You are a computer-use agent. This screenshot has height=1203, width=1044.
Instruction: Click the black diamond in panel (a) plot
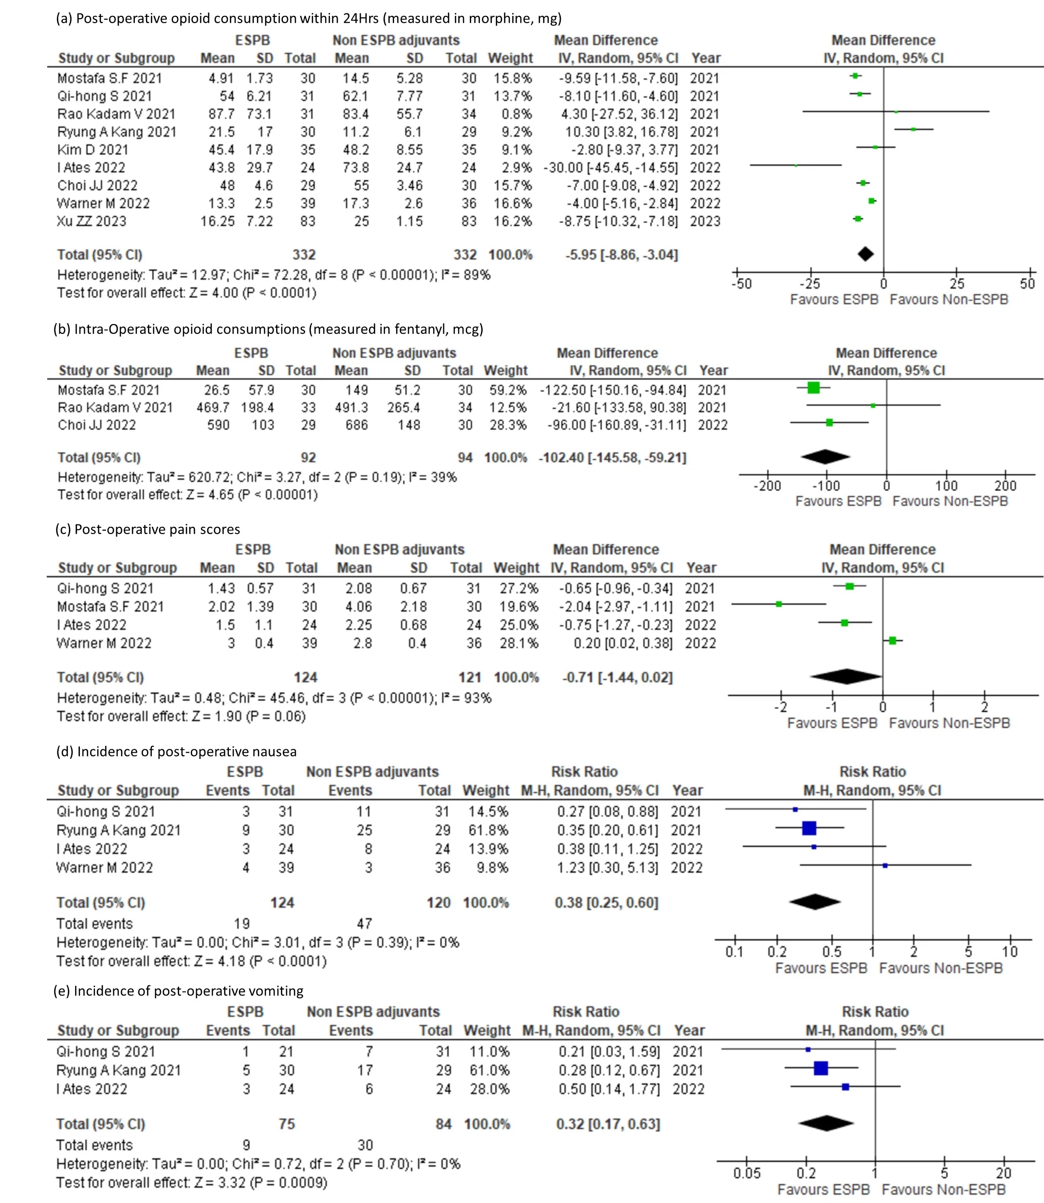click(x=866, y=254)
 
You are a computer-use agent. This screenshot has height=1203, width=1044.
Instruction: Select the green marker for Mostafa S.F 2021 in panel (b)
click(x=814, y=388)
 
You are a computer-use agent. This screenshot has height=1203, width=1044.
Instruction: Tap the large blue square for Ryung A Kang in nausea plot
click(x=809, y=828)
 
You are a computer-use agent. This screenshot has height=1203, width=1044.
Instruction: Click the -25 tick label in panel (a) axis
click(x=810, y=284)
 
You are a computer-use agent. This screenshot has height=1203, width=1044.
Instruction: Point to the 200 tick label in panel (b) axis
click(x=1005, y=485)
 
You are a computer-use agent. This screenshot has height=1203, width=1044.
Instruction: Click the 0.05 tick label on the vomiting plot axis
click(x=747, y=1173)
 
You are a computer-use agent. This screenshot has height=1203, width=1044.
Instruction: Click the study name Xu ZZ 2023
click(x=92, y=221)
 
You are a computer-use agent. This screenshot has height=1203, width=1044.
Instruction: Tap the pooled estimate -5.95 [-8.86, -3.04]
click(x=621, y=254)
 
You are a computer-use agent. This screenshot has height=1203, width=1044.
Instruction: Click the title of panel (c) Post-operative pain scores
click(x=147, y=529)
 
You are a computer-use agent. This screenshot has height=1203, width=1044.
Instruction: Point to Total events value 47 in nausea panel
click(x=364, y=924)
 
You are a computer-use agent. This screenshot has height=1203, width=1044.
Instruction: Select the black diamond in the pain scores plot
click(x=846, y=677)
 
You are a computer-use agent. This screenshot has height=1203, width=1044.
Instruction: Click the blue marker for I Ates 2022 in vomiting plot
click(x=846, y=1087)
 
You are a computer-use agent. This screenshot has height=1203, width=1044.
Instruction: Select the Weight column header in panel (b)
click(x=506, y=370)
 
